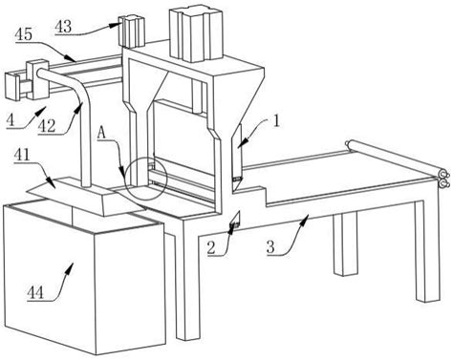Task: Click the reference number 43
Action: [x=64, y=27]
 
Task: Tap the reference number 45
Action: [x=24, y=34]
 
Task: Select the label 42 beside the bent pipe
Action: [x=47, y=127]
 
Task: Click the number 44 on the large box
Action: [x=35, y=292]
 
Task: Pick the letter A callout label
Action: [x=101, y=134]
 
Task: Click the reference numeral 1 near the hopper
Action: [x=276, y=121]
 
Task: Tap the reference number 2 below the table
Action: [x=211, y=247]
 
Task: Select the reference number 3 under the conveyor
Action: [x=270, y=246]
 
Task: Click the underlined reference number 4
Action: [x=11, y=120]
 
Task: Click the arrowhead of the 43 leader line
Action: [x=116, y=25]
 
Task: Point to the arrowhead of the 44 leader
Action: [x=71, y=266]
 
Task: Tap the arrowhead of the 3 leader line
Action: [x=306, y=218]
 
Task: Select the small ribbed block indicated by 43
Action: [x=132, y=32]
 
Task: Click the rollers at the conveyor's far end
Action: [x=443, y=180]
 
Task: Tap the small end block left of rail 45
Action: [x=12, y=87]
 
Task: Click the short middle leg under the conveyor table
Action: [x=345, y=244]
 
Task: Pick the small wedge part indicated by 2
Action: [x=235, y=220]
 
